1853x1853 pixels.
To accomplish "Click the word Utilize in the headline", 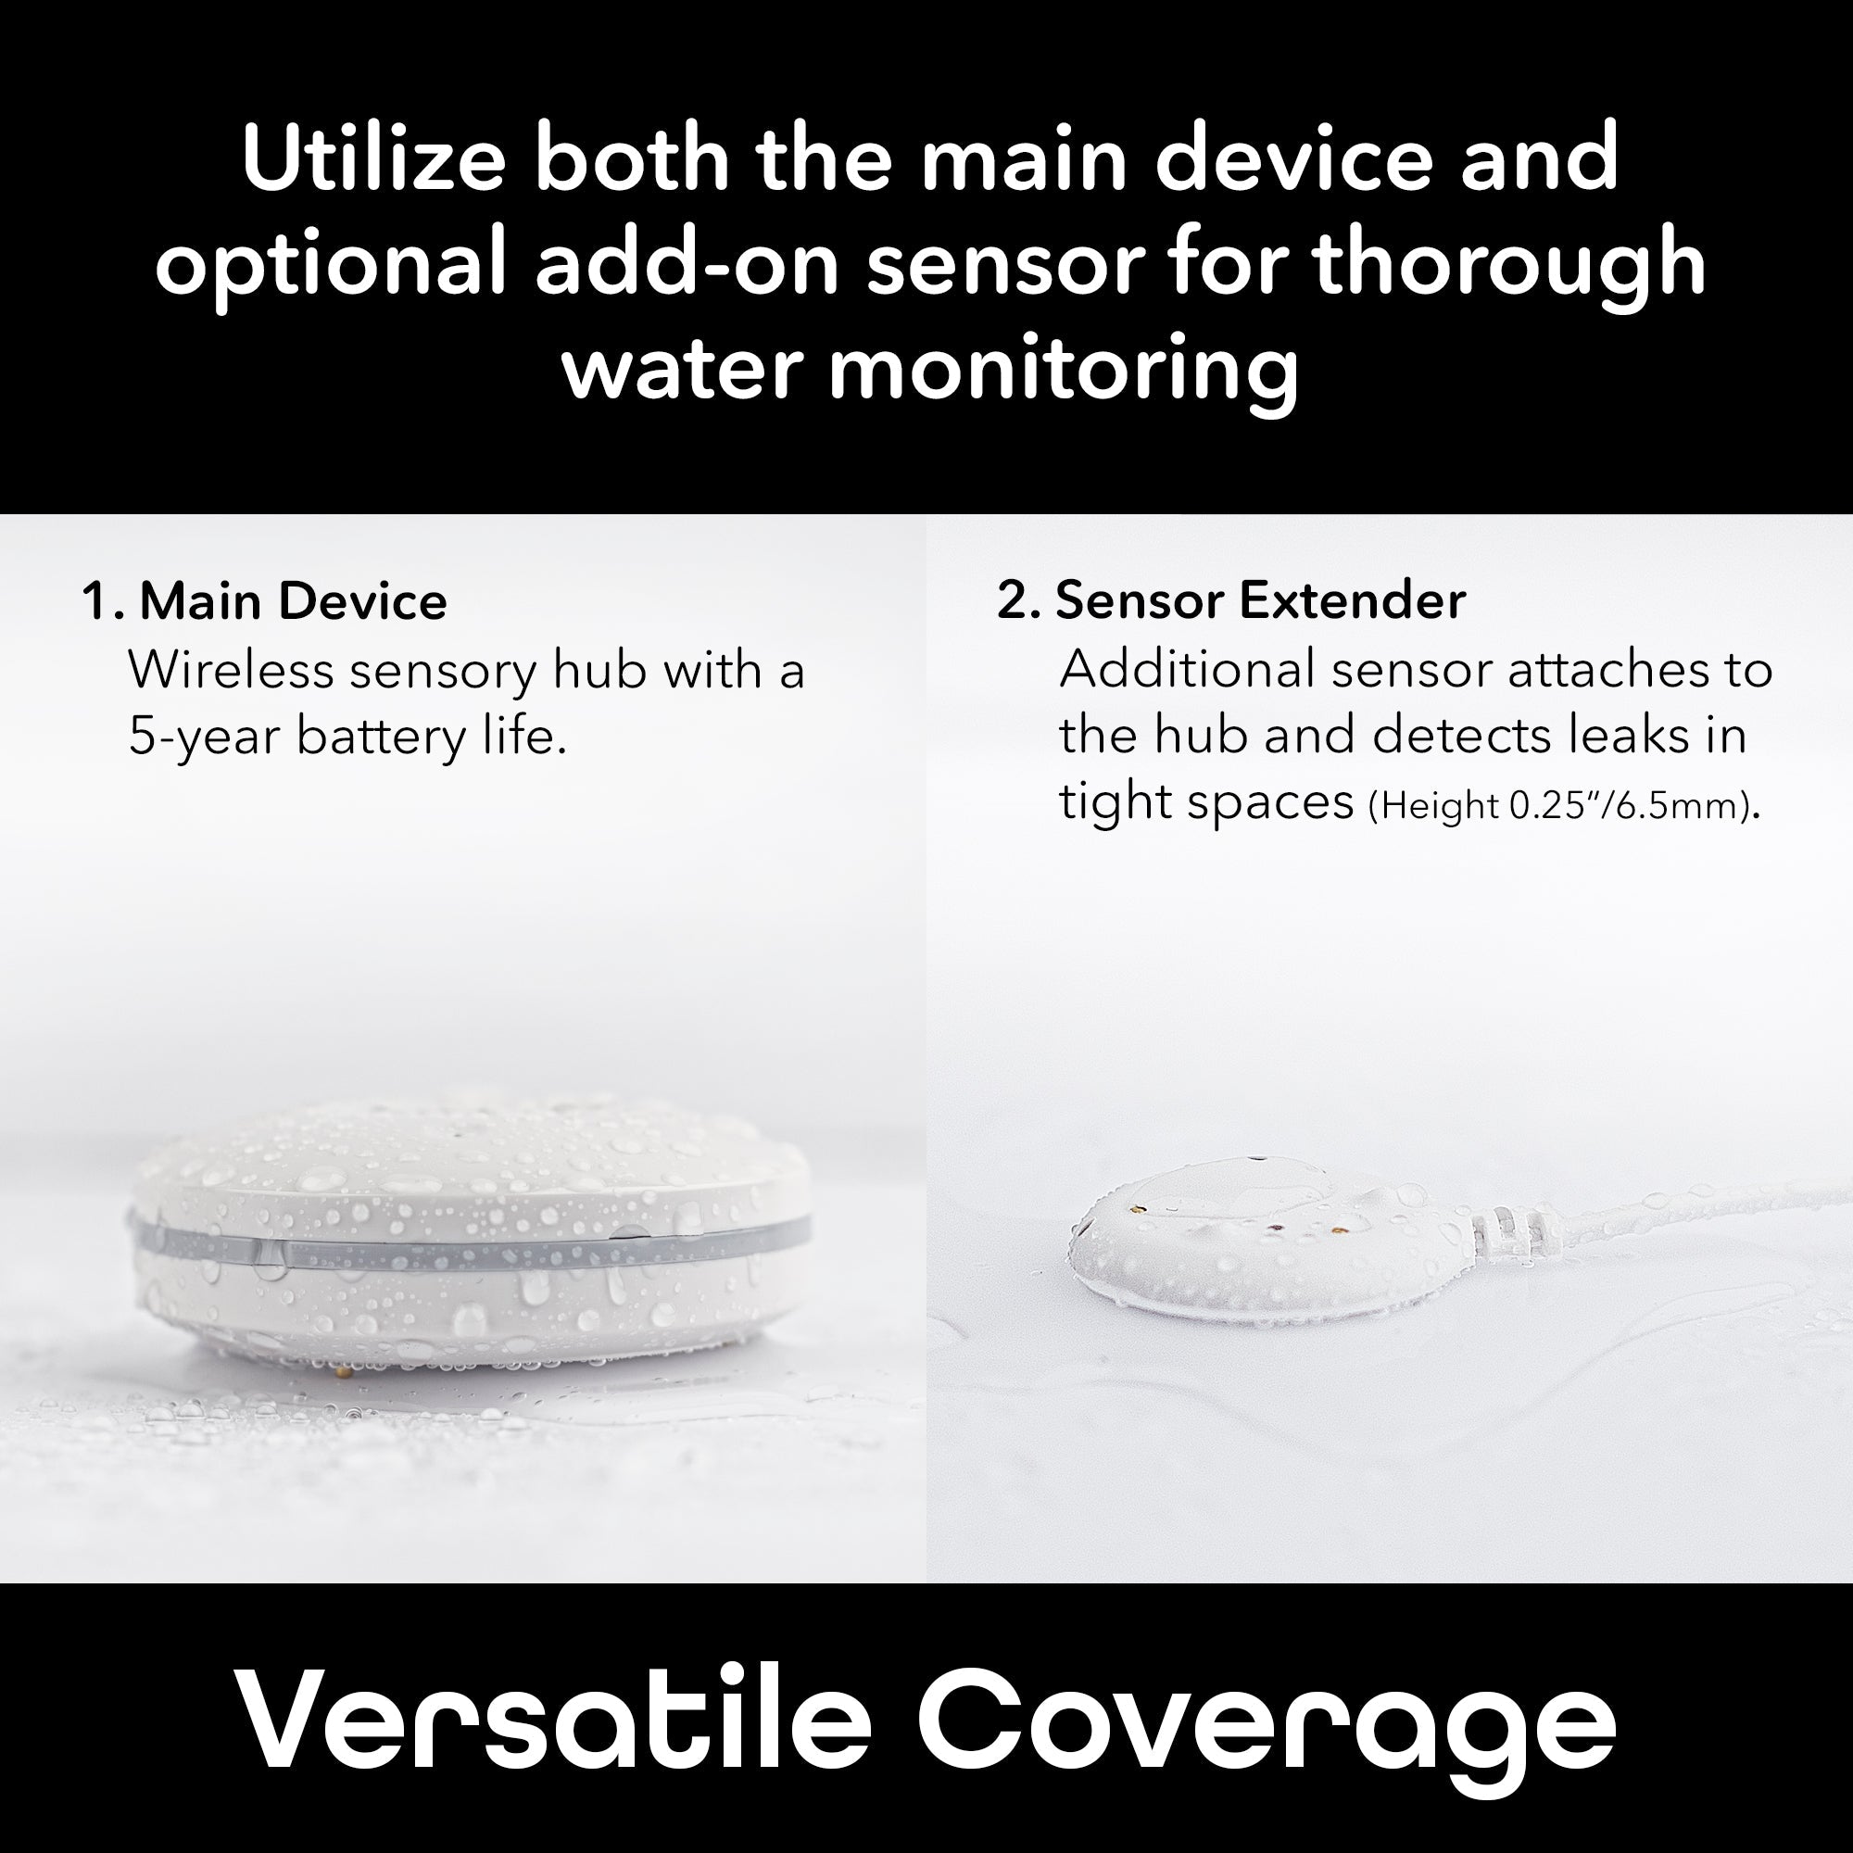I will point(373,158).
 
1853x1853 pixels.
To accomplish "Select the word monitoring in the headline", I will point(1064,369).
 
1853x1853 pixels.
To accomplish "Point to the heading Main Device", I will point(294,601).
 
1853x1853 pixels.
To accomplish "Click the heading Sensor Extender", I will point(1260,601).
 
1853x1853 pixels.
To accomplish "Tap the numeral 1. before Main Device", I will point(103,602).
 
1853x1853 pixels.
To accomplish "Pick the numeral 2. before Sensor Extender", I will point(1018,602).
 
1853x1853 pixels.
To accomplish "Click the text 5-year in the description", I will point(203,737).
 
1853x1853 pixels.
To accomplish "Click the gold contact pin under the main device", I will point(345,1371).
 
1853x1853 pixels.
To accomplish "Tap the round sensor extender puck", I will point(1266,1247).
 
